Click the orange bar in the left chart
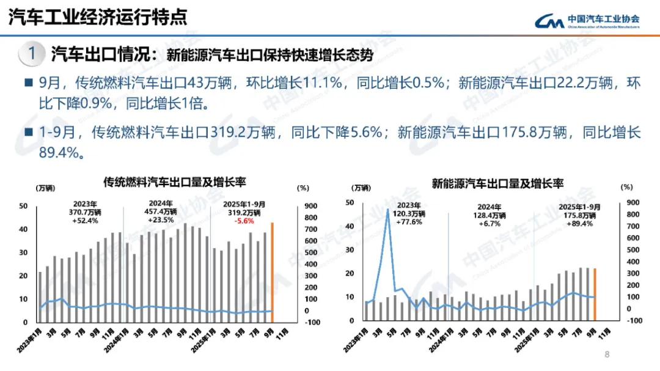coord(273,272)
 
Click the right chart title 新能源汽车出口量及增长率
coord(497,183)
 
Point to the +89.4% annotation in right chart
coord(579,224)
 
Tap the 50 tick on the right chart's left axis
coord(350,202)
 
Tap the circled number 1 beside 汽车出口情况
coord(31,53)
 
